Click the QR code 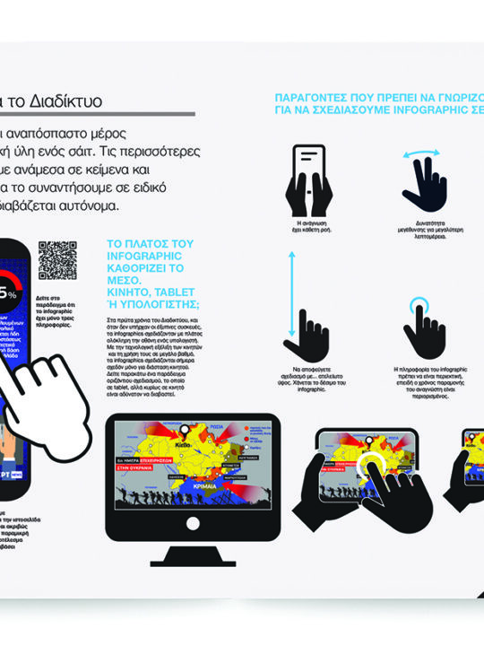pyautogui.click(x=58, y=260)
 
